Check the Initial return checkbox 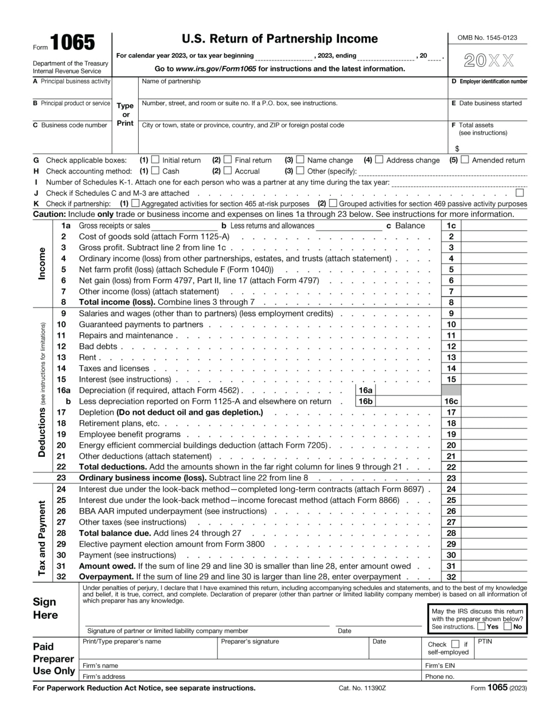[155, 160]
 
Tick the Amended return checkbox [465, 160]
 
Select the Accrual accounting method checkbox [228, 171]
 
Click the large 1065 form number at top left [73, 43]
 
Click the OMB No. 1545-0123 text [487, 38]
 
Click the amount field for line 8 [494, 302]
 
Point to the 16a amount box [408, 390]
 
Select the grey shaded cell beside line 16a [451, 390]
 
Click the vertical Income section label [42, 263]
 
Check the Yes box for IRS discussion [481, 626]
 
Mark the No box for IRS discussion [508, 626]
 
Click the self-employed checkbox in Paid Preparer [456, 644]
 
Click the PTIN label [485, 641]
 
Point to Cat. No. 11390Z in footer [362, 688]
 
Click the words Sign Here [45, 608]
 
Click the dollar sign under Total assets [457, 149]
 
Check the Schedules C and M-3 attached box [519, 193]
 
